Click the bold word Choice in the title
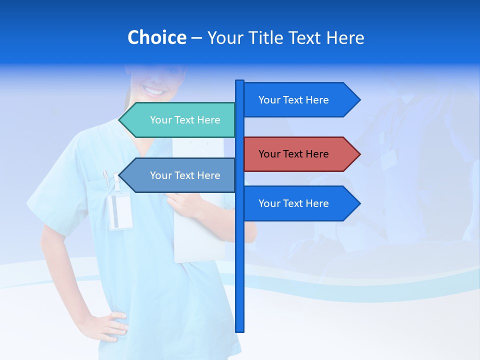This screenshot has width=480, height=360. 156,38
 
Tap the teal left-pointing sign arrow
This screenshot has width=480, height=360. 180,120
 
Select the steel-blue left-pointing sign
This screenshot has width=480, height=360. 180,175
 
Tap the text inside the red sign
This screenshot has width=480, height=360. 293,154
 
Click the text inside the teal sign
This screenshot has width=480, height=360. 185,120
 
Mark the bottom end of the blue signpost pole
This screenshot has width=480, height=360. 239,330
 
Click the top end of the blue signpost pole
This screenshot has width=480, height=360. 239,82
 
